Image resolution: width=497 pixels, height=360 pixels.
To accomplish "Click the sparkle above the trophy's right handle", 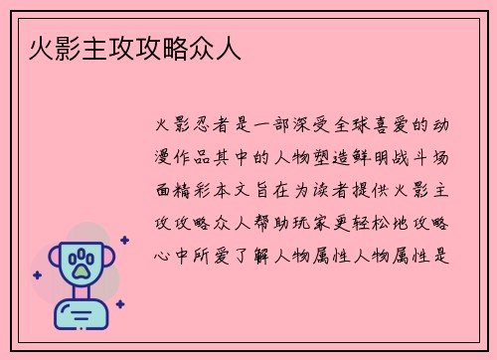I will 123,240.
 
